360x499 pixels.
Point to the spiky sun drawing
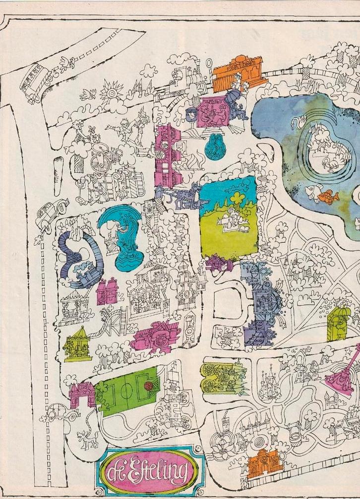[x=111, y=92]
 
